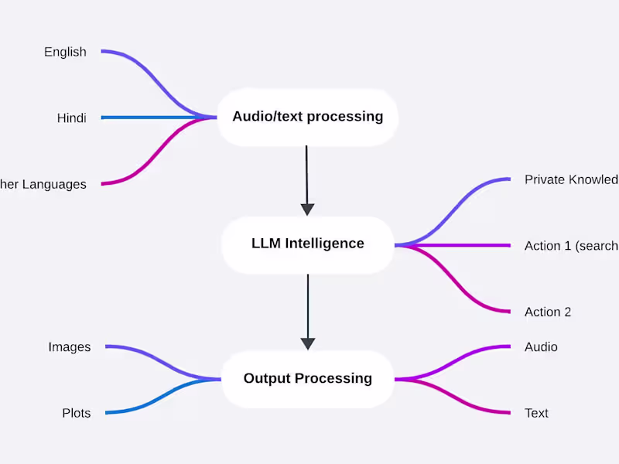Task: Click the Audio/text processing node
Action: coord(307,117)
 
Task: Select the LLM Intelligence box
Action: coord(307,244)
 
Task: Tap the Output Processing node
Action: coord(307,378)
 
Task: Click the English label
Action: coord(65,52)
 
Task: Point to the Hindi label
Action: coord(71,118)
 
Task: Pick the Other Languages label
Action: coord(43,184)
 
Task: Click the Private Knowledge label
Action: coord(571,179)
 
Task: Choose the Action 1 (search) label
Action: coord(571,246)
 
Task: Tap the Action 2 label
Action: coord(548,312)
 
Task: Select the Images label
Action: coord(70,347)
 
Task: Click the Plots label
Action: coord(76,413)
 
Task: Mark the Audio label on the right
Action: coord(541,347)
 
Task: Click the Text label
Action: coord(536,413)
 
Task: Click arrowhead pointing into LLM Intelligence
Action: coord(307,209)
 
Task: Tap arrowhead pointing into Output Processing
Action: coord(307,343)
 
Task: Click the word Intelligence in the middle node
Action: coord(324,244)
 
